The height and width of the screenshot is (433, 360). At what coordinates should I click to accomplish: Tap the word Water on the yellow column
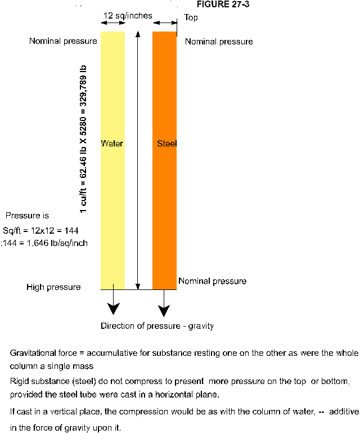point(112,144)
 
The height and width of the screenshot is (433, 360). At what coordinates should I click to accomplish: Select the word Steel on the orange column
point(166,144)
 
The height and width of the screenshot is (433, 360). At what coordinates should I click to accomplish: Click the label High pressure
point(53,287)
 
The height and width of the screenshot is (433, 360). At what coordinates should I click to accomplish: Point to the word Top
point(191,17)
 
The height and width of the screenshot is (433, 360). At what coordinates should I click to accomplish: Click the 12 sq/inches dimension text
point(128,16)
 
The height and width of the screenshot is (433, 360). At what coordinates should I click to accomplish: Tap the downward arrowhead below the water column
point(114,309)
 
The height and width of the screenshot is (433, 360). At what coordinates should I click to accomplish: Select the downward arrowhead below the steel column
point(164,310)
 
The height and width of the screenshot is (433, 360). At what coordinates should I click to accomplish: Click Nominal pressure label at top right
point(219,42)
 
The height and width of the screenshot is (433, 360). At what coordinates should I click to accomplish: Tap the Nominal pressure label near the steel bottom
point(212,281)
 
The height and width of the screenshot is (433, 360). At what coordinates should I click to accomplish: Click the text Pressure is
point(28,216)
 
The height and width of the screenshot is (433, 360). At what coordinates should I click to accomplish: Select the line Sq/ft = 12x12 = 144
point(40,231)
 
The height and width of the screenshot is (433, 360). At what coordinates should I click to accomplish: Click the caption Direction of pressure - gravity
point(157,326)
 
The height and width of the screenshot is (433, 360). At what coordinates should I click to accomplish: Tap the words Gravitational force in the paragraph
point(45,354)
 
